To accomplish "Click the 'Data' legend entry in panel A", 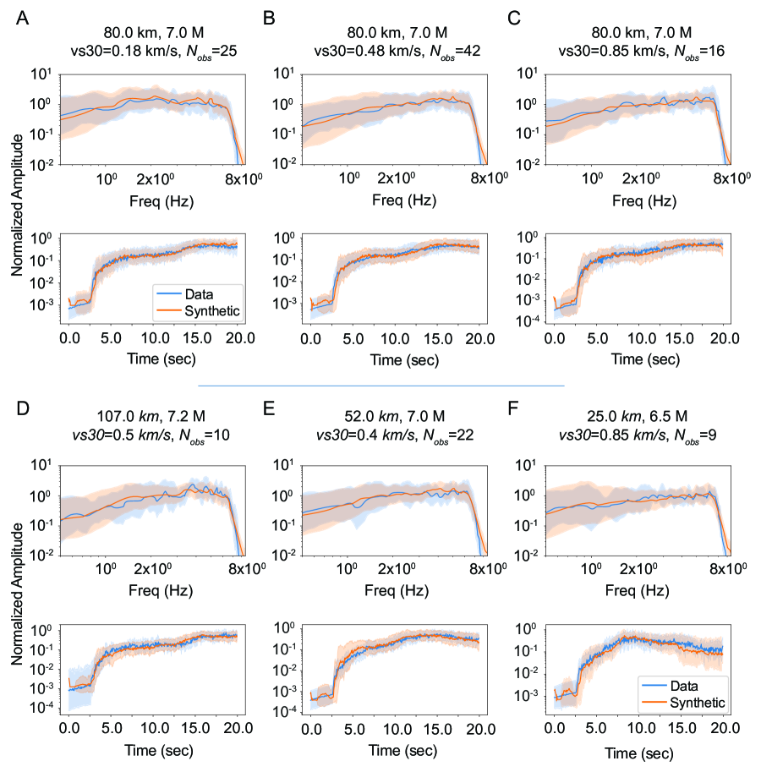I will tap(215, 293).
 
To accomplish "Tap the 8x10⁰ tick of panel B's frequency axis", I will tap(489, 178).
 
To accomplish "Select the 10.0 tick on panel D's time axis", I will tap(153, 727).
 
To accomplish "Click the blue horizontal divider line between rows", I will tap(380, 386).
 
